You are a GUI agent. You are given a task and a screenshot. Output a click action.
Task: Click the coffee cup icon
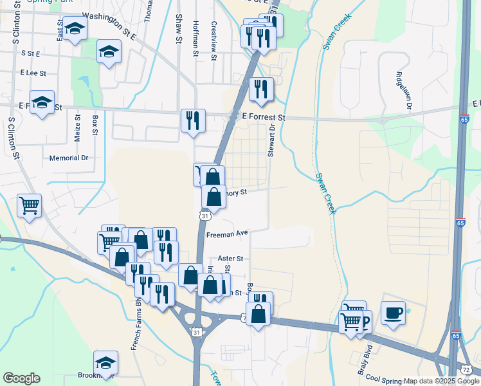(393, 313)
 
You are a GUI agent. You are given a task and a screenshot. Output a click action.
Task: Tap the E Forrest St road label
(264, 118)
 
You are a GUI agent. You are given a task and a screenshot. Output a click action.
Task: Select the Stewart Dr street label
(271, 142)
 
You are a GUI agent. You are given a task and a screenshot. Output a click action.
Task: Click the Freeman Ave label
(227, 235)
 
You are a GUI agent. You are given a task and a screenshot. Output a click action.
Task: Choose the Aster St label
(228, 258)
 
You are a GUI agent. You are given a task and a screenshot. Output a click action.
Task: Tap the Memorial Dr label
(69, 158)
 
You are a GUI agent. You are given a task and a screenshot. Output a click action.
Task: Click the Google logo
(21, 378)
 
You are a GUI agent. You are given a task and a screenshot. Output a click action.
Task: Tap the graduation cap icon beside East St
(75, 30)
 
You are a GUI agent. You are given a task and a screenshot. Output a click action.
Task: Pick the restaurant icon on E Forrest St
(193, 120)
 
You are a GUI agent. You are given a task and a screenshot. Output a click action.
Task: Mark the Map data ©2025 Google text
(441, 381)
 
